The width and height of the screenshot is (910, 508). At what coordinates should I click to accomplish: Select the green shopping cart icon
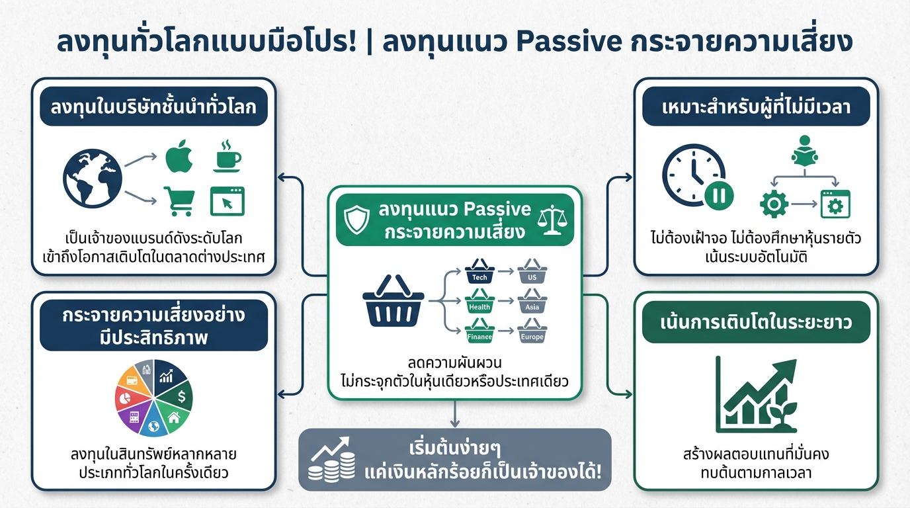pyautogui.click(x=179, y=200)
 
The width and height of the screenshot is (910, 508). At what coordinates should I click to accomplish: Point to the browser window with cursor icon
pyautogui.click(x=227, y=200)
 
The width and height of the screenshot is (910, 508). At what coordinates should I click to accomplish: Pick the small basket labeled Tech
pyautogui.click(x=480, y=273)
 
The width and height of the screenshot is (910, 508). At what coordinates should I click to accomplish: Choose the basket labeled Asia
pyautogui.click(x=532, y=304)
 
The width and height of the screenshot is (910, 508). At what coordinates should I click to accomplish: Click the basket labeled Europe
pyautogui.click(x=532, y=333)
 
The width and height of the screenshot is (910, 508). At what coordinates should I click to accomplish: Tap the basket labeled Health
pyautogui.click(x=480, y=304)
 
